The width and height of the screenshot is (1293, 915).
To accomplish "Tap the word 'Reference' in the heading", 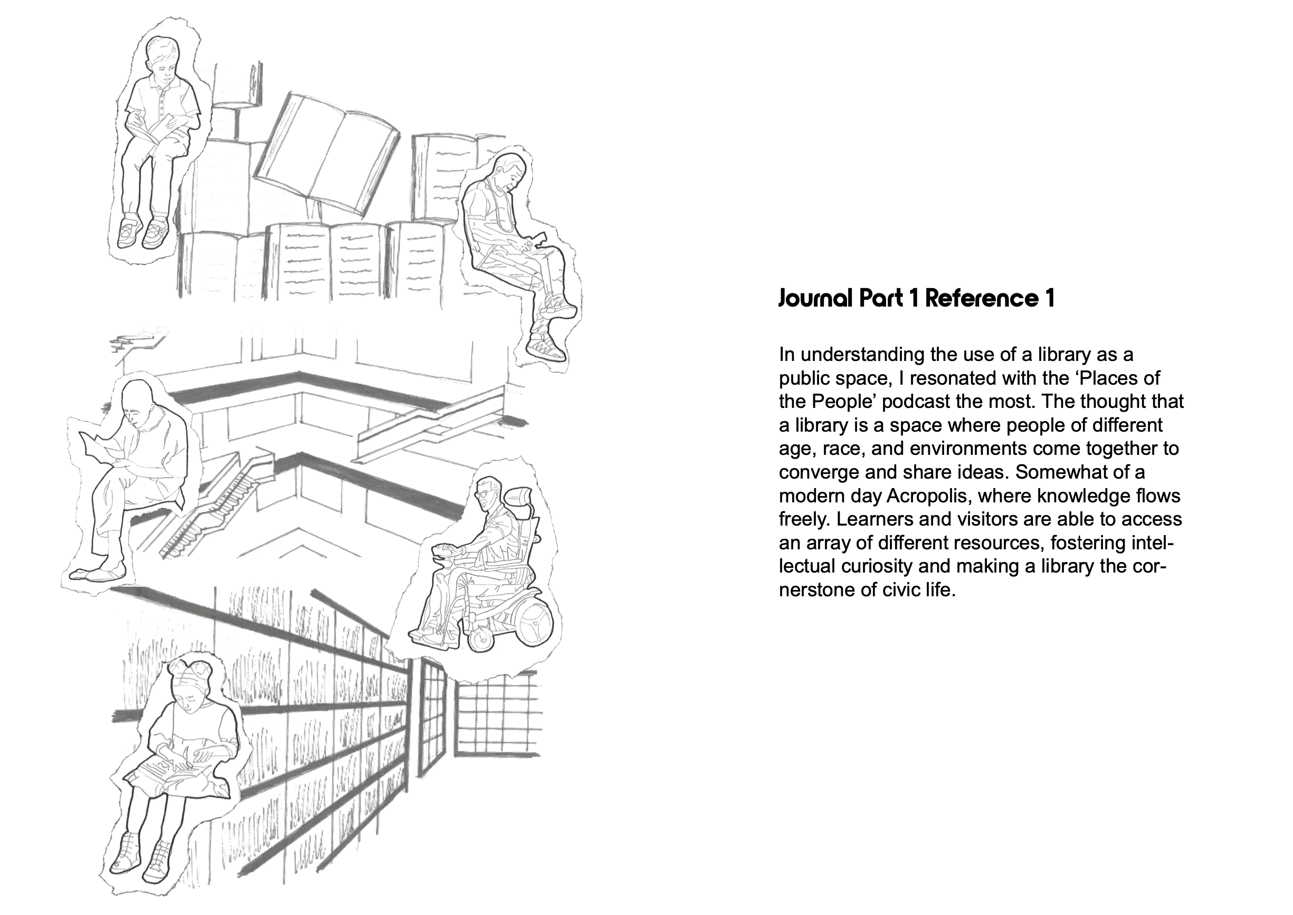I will [x=982, y=299].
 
